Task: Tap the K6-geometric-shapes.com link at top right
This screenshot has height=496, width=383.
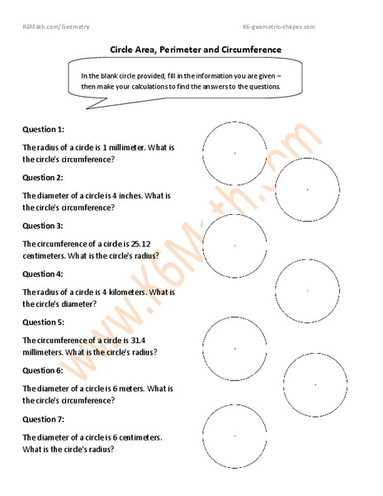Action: [x=279, y=27]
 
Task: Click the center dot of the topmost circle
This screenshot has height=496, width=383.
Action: [x=234, y=153]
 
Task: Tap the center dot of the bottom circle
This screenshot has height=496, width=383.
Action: [x=234, y=435]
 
